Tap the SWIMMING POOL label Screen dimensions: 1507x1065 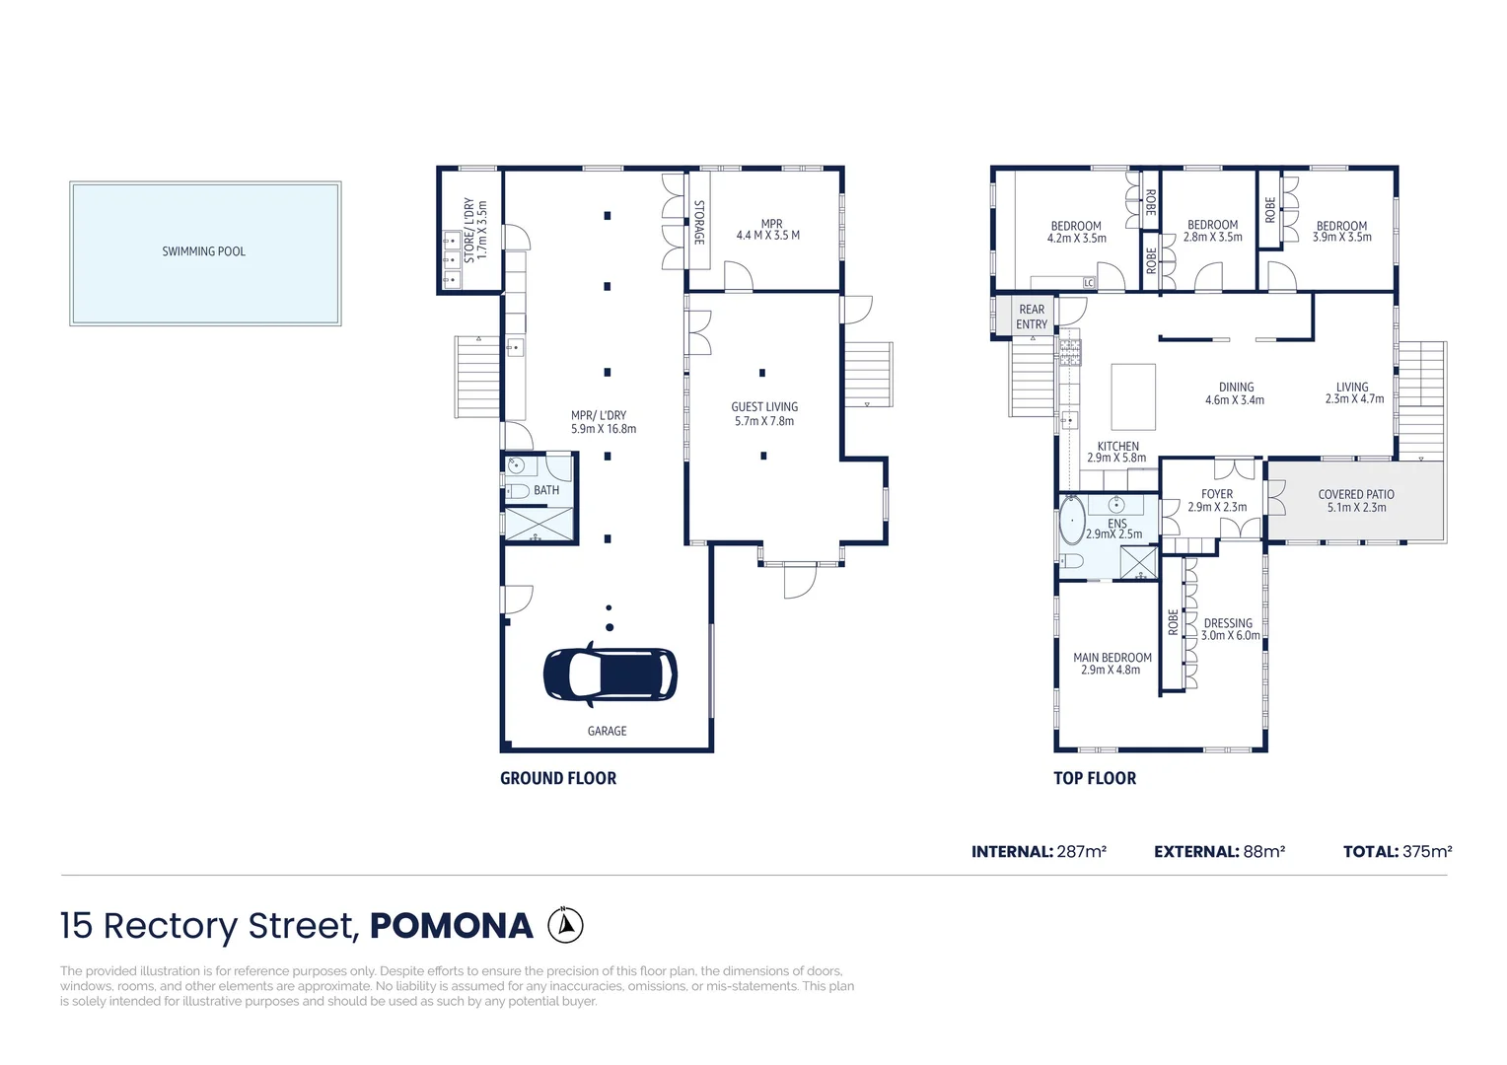[x=204, y=251]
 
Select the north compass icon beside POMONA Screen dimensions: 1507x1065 [x=565, y=925]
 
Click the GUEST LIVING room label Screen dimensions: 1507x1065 [x=765, y=407]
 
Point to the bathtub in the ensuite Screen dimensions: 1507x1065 [x=1072, y=520]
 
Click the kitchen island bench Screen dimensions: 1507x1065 [x=1133, y=396]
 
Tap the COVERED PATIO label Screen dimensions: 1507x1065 [x=1356, y=494]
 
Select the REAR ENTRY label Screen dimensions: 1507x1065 [x=1032, y=317]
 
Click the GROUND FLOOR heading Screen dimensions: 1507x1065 [x=558, y=778]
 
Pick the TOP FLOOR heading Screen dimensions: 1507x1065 [x=1095, y=778]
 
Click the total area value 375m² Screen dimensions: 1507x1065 [x=1427, y=852]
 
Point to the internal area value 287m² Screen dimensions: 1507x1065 [x=1082, y=852]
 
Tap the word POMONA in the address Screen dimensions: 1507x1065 [x=452, y=926]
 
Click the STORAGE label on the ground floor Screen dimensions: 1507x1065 [x=699, y=222]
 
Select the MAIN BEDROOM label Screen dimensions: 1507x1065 [x=1112, y=658]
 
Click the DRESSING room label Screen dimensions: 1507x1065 [x=1229, y=623]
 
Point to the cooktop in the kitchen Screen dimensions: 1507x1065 [x=1070, y=352]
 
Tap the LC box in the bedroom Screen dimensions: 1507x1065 [x=1089, y=283]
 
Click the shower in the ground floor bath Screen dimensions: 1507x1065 [x=538, y=524]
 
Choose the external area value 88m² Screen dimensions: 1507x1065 [x=1264, y=852]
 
